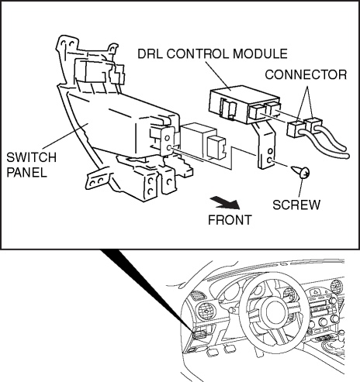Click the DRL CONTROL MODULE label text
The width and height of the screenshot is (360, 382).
pos(213,53)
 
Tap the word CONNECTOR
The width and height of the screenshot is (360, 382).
pos(306,74)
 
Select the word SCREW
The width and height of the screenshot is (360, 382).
pos(296,205)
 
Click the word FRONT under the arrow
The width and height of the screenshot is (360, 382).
pos(230,220)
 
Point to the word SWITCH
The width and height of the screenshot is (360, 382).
pos(31,157)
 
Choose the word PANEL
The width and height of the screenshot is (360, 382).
pos(26,172)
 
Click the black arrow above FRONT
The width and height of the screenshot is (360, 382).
pos(225,203)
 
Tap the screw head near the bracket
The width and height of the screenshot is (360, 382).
pos(304,173)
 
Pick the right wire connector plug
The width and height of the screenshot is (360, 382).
pos(313,126)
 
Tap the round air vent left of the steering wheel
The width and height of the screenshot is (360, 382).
pos(206,312)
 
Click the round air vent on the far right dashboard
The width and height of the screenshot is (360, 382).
pos(337,287)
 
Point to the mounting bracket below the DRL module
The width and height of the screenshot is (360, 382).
pos(265,146)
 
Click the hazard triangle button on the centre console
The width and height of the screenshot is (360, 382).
pos(317,292)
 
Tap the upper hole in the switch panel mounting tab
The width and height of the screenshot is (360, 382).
pos(168,138)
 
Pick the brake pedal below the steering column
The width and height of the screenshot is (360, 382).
pos(228,349)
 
